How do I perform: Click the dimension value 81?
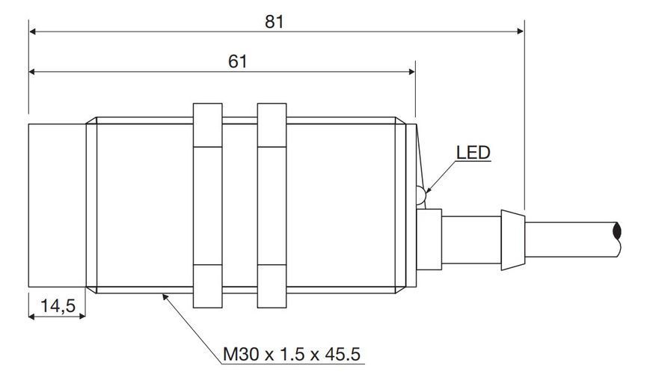[274, 22]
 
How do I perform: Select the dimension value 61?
[238, 62]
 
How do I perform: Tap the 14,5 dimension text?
[58, 306]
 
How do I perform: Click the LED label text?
[473, 153]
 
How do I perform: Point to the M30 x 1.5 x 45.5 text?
[292, 355]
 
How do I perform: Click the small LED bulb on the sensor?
[420, 195]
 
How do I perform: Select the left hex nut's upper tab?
[208, 125]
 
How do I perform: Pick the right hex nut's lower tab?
[272, 286]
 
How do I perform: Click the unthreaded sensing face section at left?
[57, 205]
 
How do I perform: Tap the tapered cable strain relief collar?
[513, 240]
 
